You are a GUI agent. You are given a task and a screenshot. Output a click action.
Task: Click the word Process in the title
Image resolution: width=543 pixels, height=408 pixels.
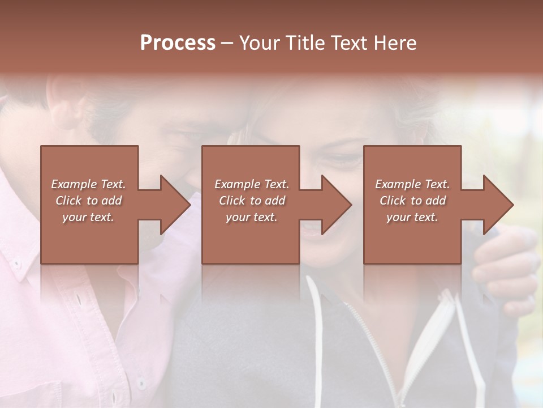178,42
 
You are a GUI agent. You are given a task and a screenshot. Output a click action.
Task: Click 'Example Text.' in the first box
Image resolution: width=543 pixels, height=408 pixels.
88,184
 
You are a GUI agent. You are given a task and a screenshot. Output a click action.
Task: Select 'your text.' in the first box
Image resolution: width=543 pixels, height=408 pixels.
88,217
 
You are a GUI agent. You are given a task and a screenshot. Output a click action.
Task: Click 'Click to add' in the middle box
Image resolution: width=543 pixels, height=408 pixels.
252,201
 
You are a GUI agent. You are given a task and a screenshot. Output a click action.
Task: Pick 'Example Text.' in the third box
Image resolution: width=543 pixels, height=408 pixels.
412,184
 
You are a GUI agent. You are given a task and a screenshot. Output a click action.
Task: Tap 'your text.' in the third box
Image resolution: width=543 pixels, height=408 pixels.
412,217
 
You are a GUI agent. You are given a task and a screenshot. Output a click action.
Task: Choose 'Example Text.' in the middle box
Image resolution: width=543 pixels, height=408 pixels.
252,184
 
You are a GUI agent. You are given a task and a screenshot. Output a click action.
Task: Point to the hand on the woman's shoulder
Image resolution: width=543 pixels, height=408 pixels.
506,266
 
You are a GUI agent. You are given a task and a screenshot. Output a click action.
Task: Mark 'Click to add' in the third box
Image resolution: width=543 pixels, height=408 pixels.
412,201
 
